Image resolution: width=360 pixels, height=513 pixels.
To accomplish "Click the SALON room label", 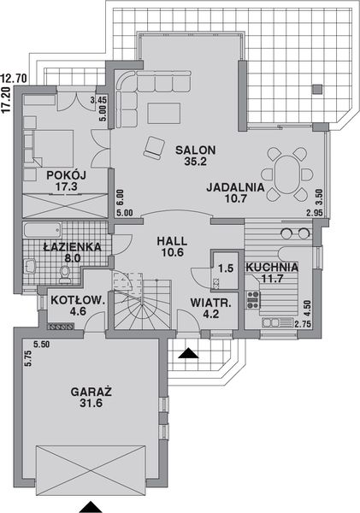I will pos(196,150).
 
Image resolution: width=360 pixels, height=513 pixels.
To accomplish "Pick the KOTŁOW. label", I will pos(78,300).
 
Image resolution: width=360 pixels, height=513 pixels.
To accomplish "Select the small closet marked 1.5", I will pos(225,268).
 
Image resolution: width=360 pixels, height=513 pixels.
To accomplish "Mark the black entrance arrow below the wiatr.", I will pos(187,351).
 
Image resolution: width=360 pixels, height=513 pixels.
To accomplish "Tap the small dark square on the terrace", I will pos(316,86).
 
